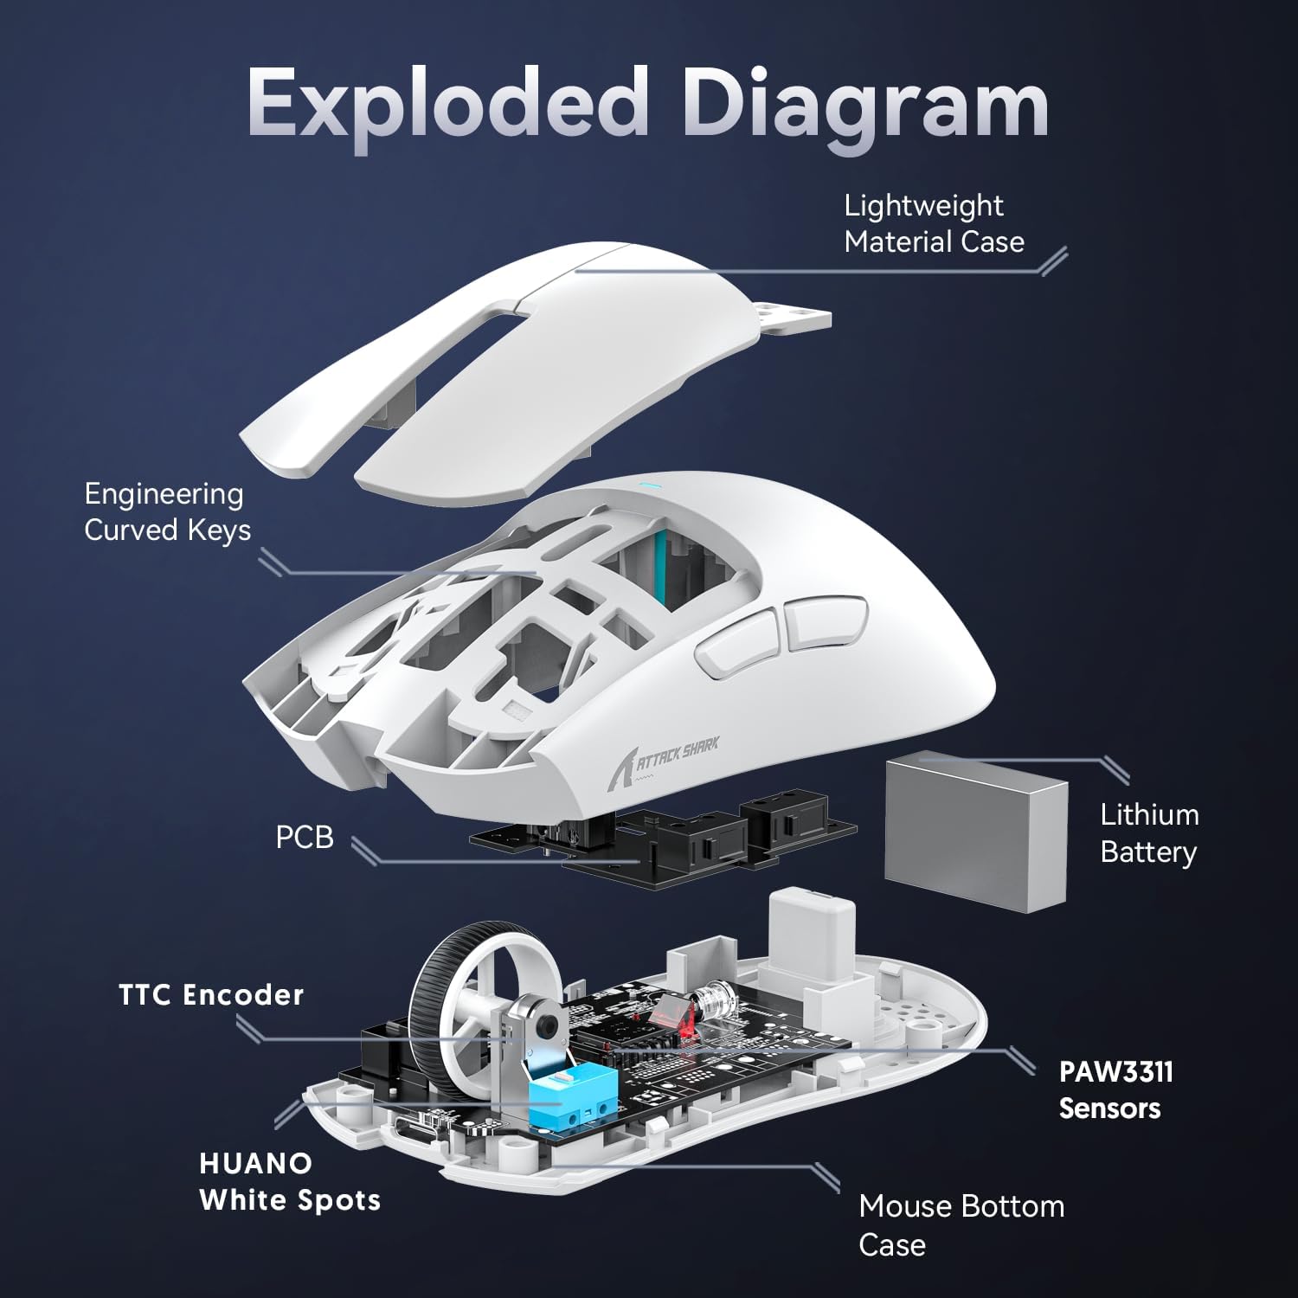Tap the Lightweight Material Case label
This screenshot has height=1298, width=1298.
(933, 223)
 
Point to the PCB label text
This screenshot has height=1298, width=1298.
(304, 838)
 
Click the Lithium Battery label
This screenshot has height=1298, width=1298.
(1148, 832)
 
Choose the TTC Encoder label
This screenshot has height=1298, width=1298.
(211, 995)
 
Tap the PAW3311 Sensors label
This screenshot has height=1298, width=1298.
(1115, 1089)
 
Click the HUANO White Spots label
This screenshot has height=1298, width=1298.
(289, 1181)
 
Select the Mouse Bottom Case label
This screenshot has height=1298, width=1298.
(961, 1224)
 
